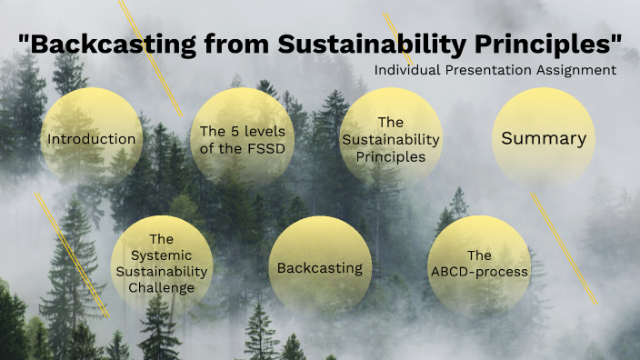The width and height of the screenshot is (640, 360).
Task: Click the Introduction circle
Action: pyautogui.click(x=92, y=139)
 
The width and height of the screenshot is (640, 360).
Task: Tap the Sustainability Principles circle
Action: pyautogui.click(x=391, y=138)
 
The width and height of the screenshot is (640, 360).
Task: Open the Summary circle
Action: pyautogui.click(x=544, y=138)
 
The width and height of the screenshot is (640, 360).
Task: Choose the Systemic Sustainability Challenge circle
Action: pyautogui.click(x=161, y=264)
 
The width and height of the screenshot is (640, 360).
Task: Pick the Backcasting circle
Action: pyautogui.click(x=320, y=267)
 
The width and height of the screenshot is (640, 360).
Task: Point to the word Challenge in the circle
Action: pyautogui.click(x=161, y=288)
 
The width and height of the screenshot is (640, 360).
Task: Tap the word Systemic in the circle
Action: pyautogui.click(x=161, y=255)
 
